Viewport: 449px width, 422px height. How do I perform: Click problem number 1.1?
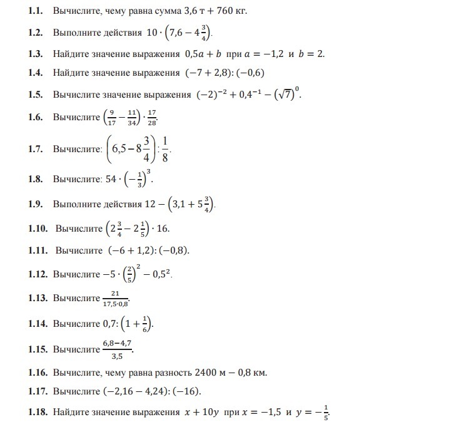37,11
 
